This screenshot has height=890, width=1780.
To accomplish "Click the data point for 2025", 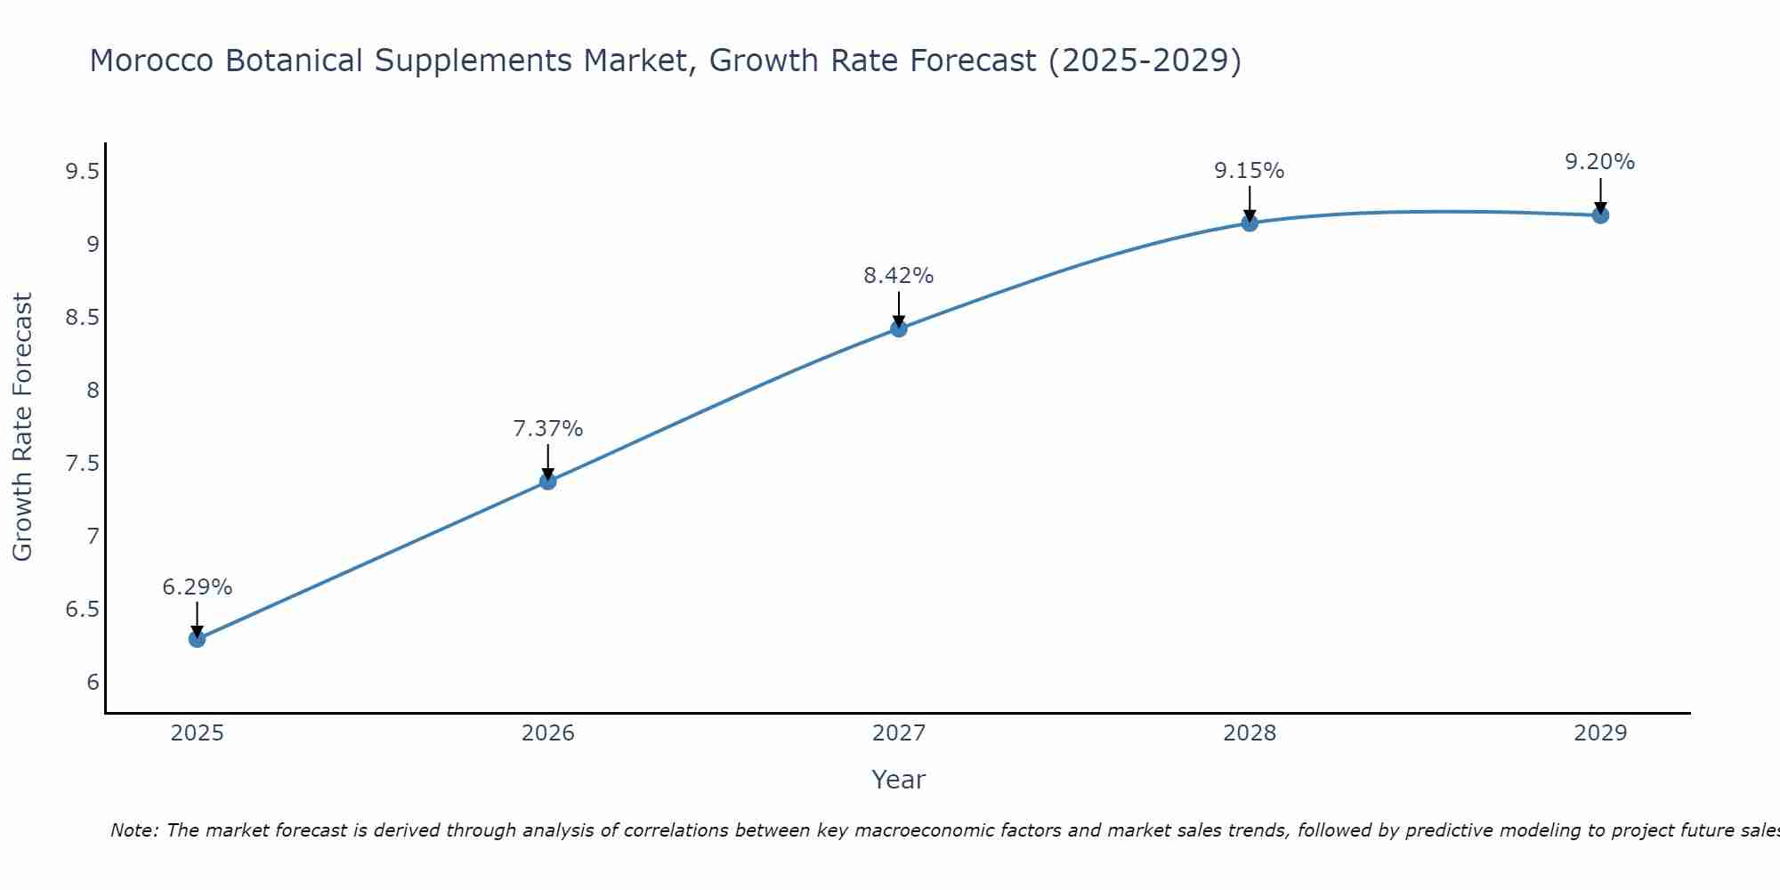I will tap(197, 639).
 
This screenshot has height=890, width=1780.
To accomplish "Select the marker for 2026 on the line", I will tap(548, 481).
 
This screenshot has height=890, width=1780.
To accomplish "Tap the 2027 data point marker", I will tap(899, 328).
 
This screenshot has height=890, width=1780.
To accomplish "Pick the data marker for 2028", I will tap(1250, 222).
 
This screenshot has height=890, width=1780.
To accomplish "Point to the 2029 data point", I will tap(1600, 215).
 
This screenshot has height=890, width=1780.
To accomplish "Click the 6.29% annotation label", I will tap(197, 587).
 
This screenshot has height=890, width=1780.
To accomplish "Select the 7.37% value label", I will tap(548, 429).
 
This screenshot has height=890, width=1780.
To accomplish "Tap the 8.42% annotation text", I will tap(899, 276).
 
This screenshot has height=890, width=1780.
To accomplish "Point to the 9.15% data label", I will tap(1250, 171).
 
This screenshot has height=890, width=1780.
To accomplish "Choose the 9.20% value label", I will tap(1600, 162).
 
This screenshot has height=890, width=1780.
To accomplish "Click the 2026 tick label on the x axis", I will tap(548, 733).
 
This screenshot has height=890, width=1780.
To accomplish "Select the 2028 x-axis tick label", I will tap(1250, 733).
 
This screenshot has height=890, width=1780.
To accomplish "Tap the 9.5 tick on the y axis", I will tap(82, 172).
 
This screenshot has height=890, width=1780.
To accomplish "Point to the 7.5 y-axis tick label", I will tap(82, 464).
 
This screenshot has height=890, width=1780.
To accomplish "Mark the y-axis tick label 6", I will tap(93, 683).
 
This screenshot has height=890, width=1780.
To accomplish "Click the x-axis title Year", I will tap(899, 780).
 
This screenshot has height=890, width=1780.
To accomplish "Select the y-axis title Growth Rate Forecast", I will tap(22, 427).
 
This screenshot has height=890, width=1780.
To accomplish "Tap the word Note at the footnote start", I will tap(133, 830).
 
